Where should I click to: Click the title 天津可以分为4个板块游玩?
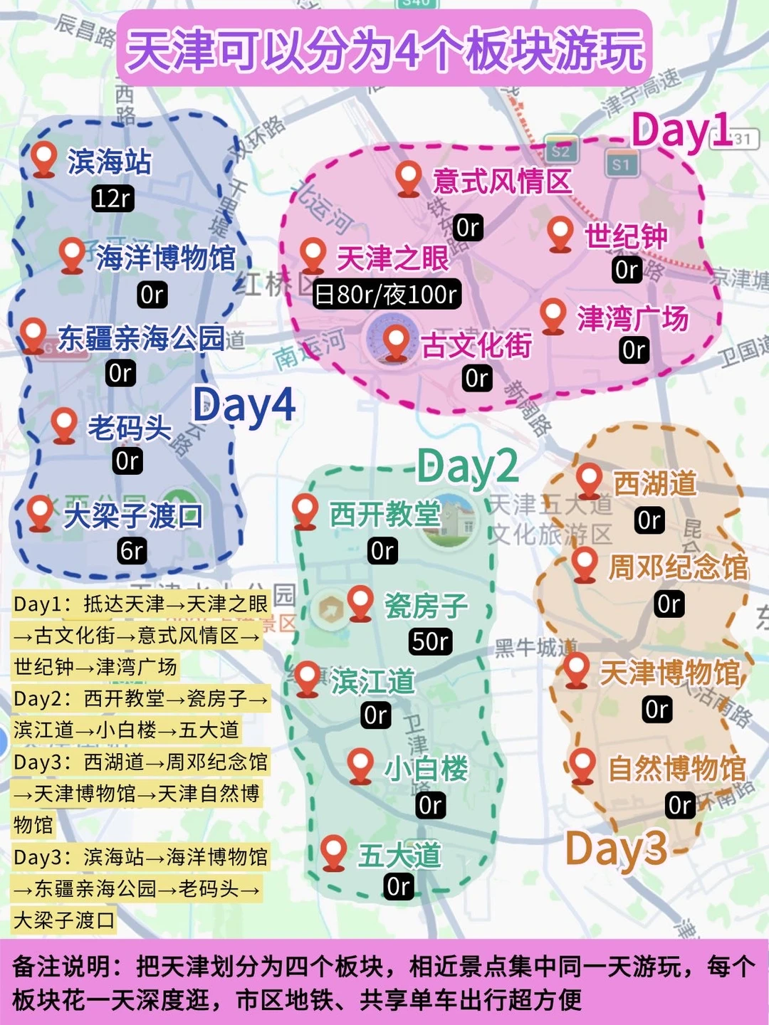pos(384,50)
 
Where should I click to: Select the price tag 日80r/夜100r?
pos(387,294)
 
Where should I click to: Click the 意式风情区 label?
pos(502,181)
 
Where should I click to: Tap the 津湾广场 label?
pos(632,318)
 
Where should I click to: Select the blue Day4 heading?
pos(244,406)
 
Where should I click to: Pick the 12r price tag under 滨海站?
pos(113,198)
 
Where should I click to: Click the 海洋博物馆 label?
pos(165,257)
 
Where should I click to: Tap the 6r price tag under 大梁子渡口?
pos(132,550)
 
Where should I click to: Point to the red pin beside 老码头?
pos(64,424)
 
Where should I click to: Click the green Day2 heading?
pos(467,467)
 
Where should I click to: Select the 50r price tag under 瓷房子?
pos(430,641)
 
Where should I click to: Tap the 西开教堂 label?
pos(384,514)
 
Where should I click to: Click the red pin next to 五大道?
pos(333,851)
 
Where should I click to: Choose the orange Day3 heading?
pos(616,848)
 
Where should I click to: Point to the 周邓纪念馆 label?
pos(678,567)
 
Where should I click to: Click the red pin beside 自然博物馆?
pos(583,765)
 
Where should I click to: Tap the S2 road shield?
pos(560,151)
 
